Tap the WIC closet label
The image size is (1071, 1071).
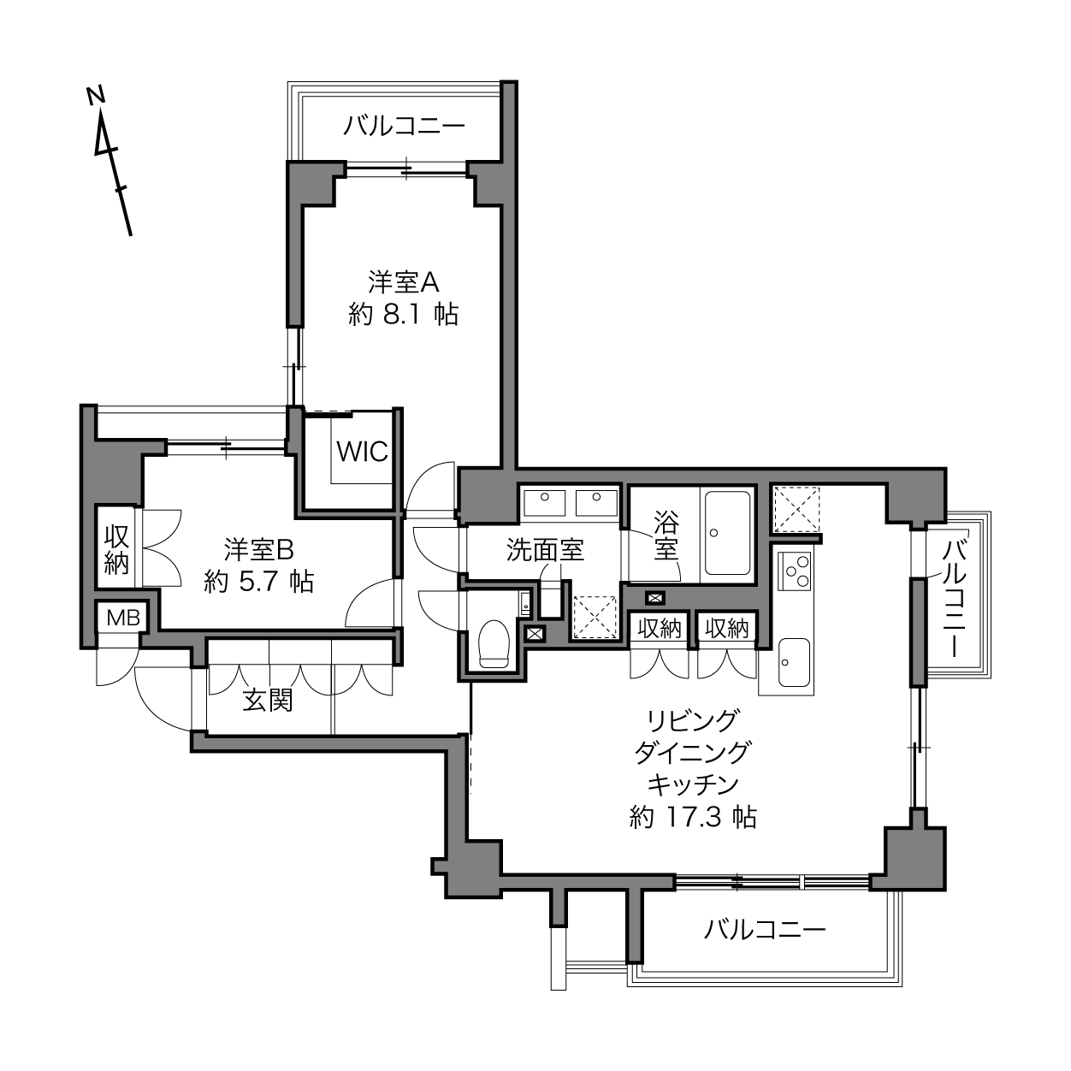coord(362,451)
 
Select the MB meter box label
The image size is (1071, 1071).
coord(122,618)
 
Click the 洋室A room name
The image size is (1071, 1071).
coord(404,281)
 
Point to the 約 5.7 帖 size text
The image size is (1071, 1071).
coord(258,582)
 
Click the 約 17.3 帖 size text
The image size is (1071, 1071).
coord(692,817)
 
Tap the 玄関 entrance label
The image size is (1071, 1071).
coord(268,700)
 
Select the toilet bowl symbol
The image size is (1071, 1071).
coord(494,642)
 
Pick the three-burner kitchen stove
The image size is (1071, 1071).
coord(796,570)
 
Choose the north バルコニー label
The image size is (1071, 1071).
coord(404,127)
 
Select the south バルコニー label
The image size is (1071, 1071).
coord(765,930)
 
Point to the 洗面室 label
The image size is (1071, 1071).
coord(545,550)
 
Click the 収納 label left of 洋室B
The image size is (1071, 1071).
coord(116,550)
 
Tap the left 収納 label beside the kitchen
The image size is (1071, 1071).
coord(660,629)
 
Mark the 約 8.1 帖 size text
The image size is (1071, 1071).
coord(404,314)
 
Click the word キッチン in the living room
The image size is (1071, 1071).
coord(692,784)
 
